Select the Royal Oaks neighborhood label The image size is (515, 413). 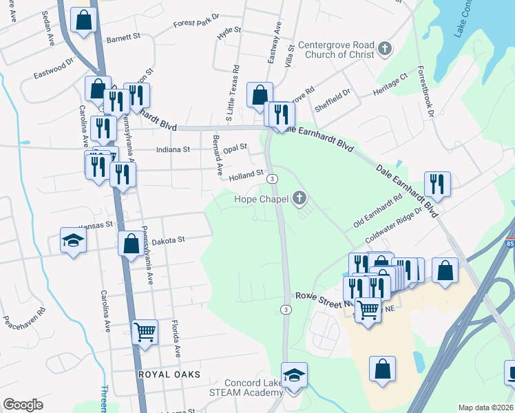click(x=169, y=374)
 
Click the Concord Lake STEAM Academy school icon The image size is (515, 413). click(x=295, y=376)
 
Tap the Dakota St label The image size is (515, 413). click(x=169, y=240)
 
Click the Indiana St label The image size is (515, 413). click(x=173, y=149)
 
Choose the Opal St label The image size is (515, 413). click(x=235, y=147)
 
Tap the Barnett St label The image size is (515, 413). click(x=123, y=39)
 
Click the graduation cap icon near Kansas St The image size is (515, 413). click(x=73, y=241)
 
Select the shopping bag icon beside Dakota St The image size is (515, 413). click(x=131, y=244)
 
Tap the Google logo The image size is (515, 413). click(x=23, y=405)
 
